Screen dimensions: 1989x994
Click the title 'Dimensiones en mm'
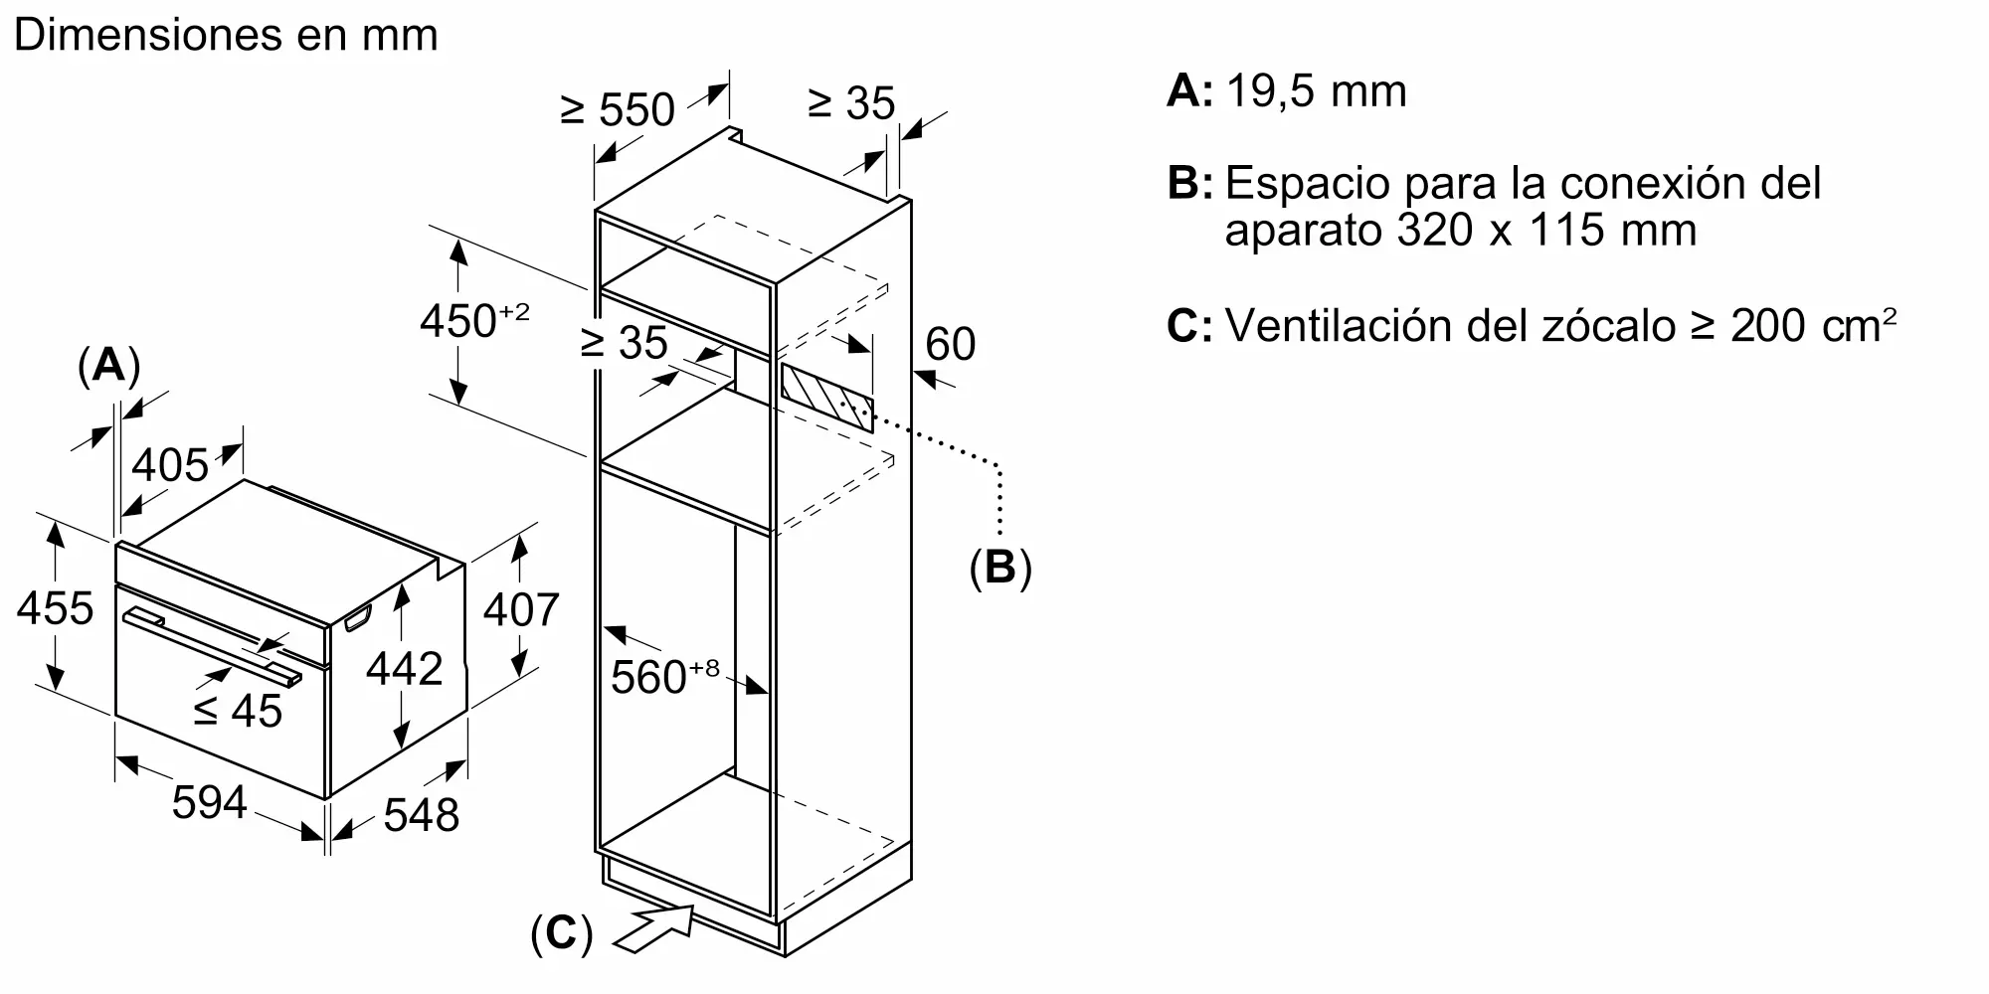pos(226,36)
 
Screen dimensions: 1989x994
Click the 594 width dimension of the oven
pos(209,801)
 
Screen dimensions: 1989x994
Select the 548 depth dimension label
pos(421,815)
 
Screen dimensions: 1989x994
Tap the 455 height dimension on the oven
pos(55,608)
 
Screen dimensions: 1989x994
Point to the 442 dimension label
pos(404,669)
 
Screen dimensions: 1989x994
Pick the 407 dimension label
pos(521,609)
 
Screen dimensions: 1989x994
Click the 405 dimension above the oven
pos(170,464)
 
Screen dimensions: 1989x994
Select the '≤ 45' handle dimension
pos(238,710)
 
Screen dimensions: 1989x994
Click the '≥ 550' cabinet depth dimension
pos(618,108)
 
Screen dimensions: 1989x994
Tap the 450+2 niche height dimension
pos(473,320)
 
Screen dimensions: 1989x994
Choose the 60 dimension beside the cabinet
pos(950,344)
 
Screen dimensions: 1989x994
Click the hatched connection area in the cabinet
pos(827,397)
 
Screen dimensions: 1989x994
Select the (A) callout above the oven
pos(108,366)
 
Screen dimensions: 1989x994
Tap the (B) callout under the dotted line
pos(999,567)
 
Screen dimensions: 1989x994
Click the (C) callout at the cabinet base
pos(561,934)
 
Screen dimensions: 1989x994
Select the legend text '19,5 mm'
pos(1317,91)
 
